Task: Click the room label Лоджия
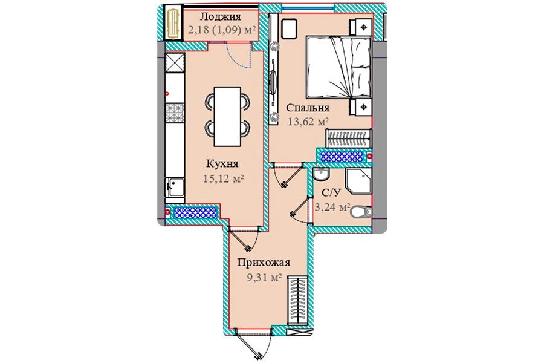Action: [x=220, y=16]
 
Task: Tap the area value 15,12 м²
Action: [x=223, y=178]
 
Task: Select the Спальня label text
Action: [x=308, y=108]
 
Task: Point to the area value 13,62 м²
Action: [x=308, y=122]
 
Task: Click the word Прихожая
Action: [x=264, y=263]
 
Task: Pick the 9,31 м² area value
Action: [x=264, y=278]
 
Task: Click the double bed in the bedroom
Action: [x=338, y=67]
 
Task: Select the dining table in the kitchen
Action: [x=227, y=117]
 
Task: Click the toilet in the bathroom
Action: [x=361, y=212]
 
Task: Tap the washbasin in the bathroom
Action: [x=320, y=174]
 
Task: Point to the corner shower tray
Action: [x=358, y=181]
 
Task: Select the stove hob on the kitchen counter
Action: [x=175, y=113]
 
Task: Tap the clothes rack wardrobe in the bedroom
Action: [x=349, y=139]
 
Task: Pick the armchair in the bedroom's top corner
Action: [x=289, y=29]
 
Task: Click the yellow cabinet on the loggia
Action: [x=172, y=23]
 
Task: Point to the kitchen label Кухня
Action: [x=222, y=163]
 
